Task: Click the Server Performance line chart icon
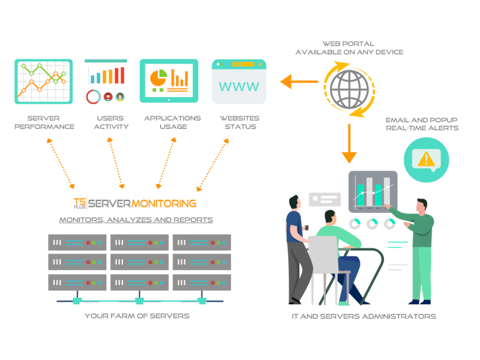click(x=43, y=81)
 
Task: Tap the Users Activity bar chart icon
click(x=106, y=81)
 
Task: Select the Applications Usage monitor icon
click(x=169, y=80)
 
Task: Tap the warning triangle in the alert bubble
click(x=426, y=159)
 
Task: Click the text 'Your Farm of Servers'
click(x=137, y=316)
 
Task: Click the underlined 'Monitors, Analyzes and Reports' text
click(x=136, y=220)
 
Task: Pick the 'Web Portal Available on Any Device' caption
click(x=349, y=48)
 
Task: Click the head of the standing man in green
click(x=422, y=206)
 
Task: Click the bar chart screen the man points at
click(x=373, y=191)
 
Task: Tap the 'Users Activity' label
click(x=111, y=122)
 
